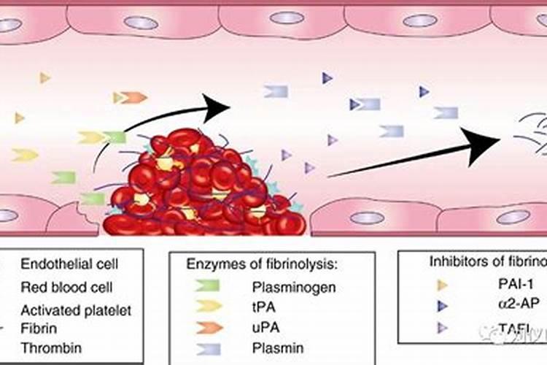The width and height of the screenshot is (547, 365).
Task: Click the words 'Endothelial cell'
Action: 69,263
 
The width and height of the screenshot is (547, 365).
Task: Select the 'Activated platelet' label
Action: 76,310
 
